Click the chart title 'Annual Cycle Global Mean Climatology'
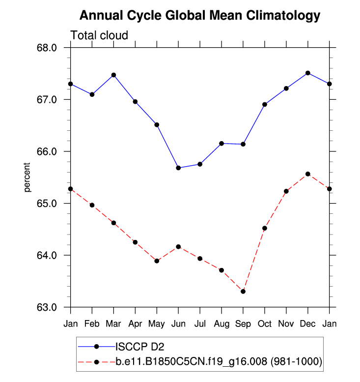[x=199, y=16]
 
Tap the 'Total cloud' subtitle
[x=99, y=35]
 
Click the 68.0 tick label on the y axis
[x=48, y=48]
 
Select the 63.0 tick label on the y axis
[x=48, y=307]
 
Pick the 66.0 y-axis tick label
[x=48, y=151]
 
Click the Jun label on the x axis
[x=178, y=324]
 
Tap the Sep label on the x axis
[x=243, y=324]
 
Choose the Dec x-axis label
[x=308, y=324]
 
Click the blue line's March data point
[x=113, y=75]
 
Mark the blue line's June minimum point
[x=178, y=168]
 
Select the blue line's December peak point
[x=308, y=73]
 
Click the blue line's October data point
[x=265, y=104]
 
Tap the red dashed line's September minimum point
[x=243, y=292]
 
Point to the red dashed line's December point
[x=308, y=174]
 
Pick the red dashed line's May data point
[x=157, y=261]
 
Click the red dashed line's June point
[x=178, y=246]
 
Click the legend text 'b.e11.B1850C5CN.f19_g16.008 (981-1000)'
[x=219, y=362]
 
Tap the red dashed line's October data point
[x=265, y=228]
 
